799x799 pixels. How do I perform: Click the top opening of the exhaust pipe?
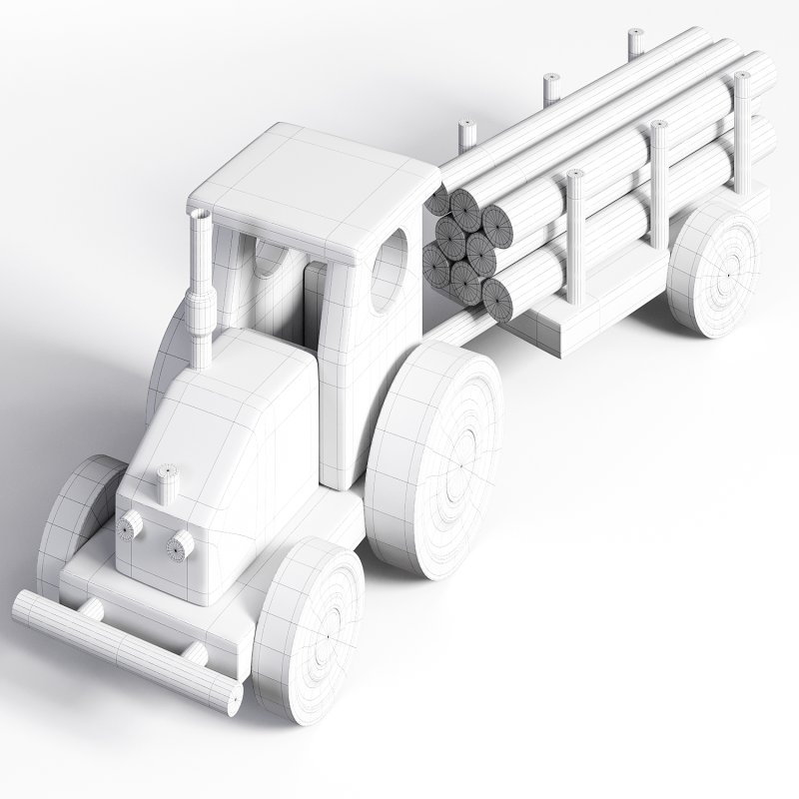click(199, 215)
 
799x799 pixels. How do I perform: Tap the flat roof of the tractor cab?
click(310, 185)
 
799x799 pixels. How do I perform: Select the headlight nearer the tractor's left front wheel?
click(131, 525)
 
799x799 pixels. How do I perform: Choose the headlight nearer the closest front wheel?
click(181, 545)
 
